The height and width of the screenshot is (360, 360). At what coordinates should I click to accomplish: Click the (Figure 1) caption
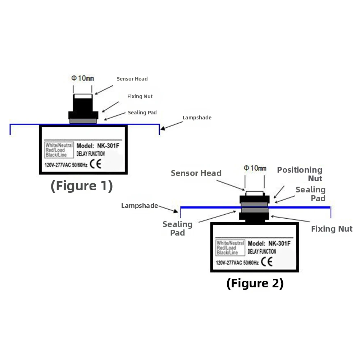(x=82, y=186)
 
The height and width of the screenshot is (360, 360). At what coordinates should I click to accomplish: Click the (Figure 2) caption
(x=255, y=283)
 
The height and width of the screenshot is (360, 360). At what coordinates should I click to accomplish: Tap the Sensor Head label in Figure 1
(x=132, y=79)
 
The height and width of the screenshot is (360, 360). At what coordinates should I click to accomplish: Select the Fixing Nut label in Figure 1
(x=140, y=96)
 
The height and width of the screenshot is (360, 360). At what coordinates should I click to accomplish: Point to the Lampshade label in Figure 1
(x=197, y=118)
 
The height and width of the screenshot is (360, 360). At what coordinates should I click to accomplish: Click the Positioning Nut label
(x=300, y=174)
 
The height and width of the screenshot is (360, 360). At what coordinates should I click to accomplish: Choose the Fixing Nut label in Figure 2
(x=332, y=229)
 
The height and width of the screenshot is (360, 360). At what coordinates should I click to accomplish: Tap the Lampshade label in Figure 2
(x=140, y=205)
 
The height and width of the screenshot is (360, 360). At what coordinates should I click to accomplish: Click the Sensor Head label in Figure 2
(x=196, y=173)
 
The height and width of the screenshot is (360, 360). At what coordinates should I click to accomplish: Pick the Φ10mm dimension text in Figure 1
(x=83, y=78)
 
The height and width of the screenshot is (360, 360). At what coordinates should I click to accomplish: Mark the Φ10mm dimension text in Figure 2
(x=255, y=168)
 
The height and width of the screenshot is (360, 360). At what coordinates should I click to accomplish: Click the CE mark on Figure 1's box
(x=96, y=164)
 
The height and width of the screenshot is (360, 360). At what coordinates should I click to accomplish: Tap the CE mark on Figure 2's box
(x=267, y=261)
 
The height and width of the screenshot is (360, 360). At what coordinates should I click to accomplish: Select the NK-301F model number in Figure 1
(x=108, y=146)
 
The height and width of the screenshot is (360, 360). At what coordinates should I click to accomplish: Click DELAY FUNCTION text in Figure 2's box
(x=262, y=251)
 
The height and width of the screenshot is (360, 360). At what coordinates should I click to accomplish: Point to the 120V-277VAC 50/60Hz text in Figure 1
(x=66, y=165)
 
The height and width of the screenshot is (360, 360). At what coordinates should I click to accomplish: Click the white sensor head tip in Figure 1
(x=83, y=96)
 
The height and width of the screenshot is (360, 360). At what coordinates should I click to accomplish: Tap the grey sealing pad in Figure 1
(x=83, y=121)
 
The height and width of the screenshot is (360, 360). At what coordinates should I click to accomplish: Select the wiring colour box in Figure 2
(x=230, y=248)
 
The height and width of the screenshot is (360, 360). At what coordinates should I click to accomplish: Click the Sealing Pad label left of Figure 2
(x=177, y=228)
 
